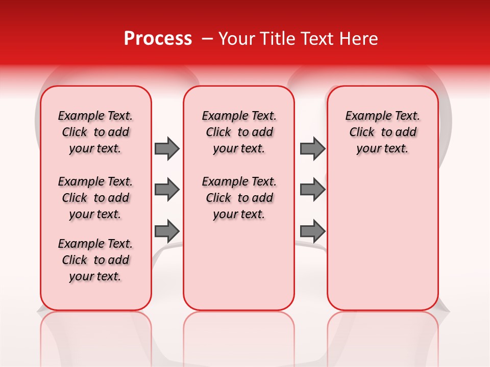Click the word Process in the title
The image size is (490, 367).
pos(157,39)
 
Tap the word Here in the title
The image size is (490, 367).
pos(359,39)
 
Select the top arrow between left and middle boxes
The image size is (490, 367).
pos(167,148)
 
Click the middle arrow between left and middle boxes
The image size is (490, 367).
pos(167,190)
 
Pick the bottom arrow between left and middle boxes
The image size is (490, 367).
pos(167,231)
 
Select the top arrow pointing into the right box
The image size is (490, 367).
pos(312,148)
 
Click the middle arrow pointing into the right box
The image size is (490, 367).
pos(312,190)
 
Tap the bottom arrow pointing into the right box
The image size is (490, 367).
pos(312,231)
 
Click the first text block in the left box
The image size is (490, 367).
pos(95,132)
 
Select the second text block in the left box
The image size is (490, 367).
pos(95,198)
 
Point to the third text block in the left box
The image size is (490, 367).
pos(95,260)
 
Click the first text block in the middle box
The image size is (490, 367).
pos(239,132)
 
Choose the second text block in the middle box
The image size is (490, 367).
pos(239,198)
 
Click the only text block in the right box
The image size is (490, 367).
pos(382,132)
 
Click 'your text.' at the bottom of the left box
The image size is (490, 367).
pos(95,276)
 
